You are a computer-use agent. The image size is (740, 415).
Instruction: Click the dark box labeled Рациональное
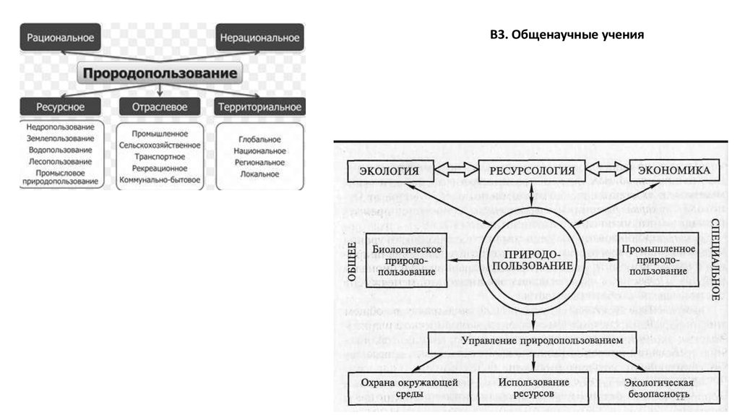(60, 35)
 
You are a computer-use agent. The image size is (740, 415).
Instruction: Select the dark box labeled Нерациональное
(259, 35)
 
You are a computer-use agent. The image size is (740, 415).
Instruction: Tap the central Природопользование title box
(160, 73)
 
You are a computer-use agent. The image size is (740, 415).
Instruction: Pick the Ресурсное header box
(61, 107)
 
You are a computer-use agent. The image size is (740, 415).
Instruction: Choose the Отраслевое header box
(160, 107)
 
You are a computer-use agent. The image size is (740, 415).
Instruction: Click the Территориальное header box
(259, 107)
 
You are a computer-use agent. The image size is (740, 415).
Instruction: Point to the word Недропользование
(61, 127)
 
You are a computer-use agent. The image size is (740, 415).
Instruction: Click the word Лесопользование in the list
(61, 162)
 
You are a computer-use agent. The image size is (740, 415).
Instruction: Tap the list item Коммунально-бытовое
(160, 179)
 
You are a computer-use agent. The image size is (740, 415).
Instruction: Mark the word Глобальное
(259, 139)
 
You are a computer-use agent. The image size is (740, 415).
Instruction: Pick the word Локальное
(259, 174)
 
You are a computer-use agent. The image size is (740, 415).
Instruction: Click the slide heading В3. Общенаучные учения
(567, 35)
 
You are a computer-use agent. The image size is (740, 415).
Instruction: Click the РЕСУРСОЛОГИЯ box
(532, 171)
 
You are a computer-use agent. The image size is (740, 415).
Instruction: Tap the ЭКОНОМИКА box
(674, 171)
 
